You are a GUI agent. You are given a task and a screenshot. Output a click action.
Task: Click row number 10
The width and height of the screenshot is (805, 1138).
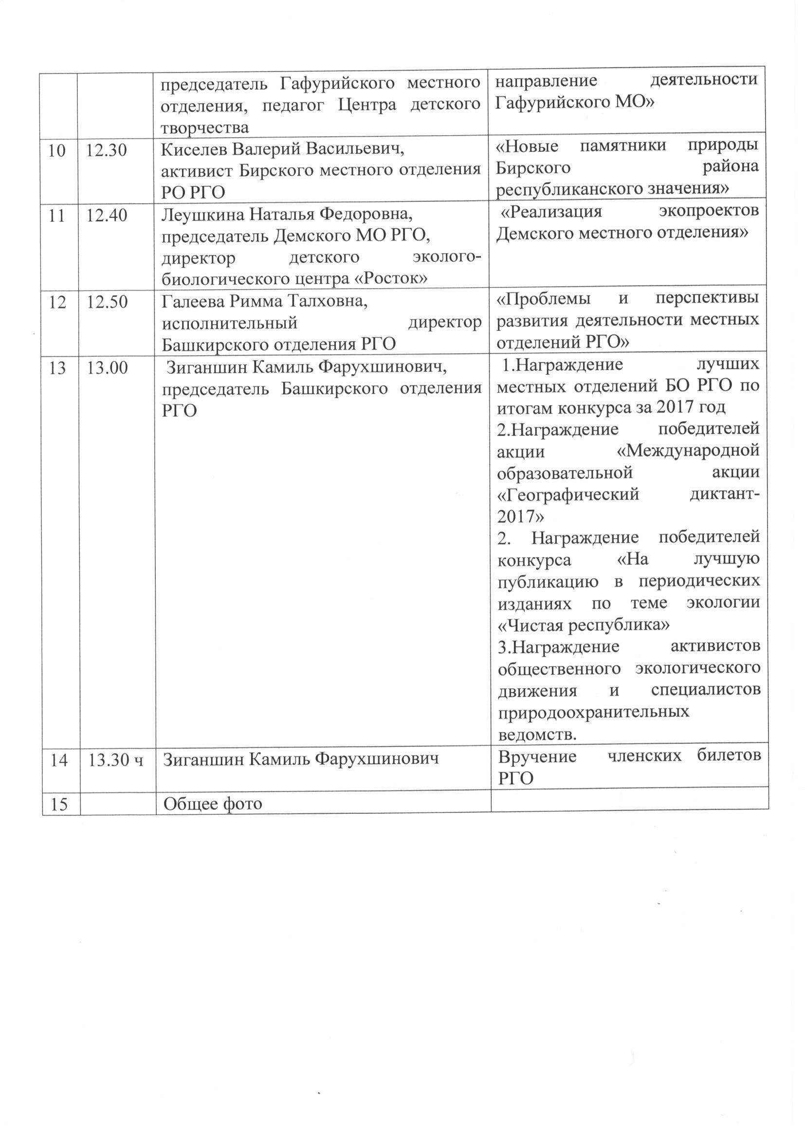tap(57, 150)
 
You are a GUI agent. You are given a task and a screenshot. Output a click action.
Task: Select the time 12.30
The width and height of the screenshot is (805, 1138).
tap(107, 150)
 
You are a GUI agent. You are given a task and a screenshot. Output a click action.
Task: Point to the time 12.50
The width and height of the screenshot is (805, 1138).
tap(107, 302)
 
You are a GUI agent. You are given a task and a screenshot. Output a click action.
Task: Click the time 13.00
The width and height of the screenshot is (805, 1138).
tap(107, 368)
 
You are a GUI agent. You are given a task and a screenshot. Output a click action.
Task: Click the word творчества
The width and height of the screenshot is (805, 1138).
tap(205, 128)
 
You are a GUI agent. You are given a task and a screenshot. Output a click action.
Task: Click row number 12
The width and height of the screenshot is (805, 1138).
tap(58, 302)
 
